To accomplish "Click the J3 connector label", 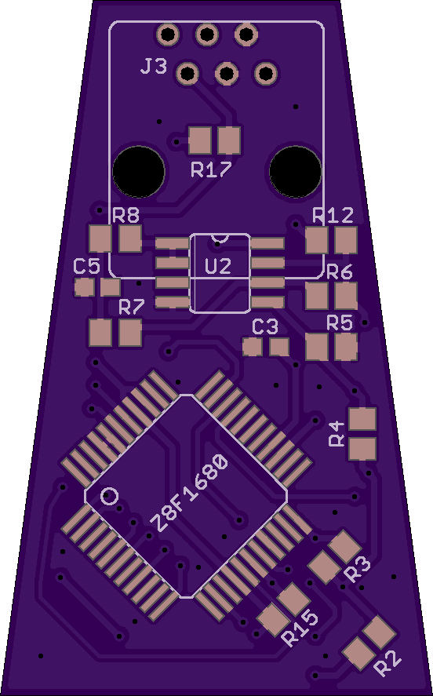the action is [154, 67].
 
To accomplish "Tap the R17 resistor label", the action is [211, 169].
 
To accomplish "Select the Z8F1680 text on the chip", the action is [190, 493].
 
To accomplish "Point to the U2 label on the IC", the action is [218, 266].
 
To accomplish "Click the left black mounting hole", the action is [139, 172].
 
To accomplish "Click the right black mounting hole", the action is [296, 172].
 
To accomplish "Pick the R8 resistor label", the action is [126, 216].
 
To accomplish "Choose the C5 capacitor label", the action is [86, 267].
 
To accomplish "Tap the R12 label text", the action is [333, 216].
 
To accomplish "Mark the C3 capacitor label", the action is [265, 327].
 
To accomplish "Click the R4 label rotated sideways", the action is [337, 434].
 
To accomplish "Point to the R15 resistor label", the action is [300, 629].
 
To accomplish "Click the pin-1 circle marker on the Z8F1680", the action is [110, 496].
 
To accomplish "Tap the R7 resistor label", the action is [132, 307].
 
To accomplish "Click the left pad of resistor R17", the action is [200, 140].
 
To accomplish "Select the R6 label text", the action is [340, 271].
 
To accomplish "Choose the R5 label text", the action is [340, 322].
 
